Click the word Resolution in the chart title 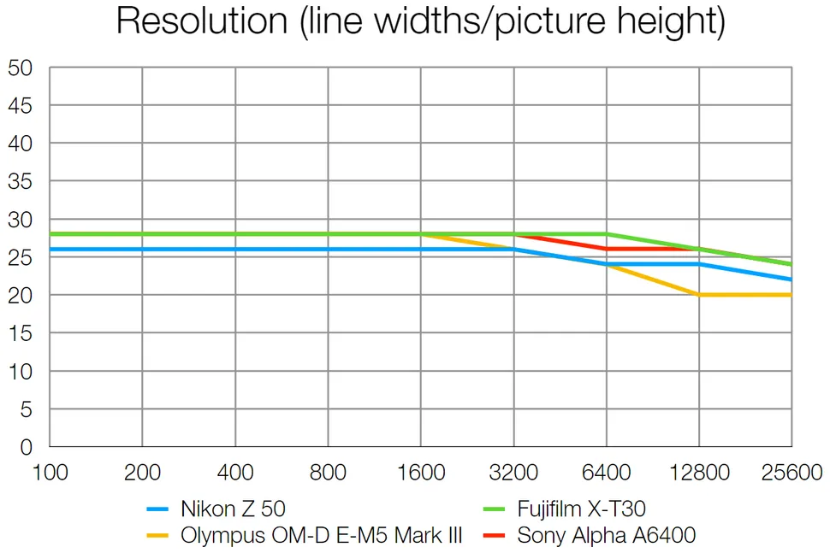click(201, 21)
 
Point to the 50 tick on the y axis click(21, 68)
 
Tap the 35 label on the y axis click(21, 181)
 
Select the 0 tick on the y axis click(26, 447)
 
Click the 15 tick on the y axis click(21, 333)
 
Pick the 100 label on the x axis click(49, 472)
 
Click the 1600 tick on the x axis click(420, 472)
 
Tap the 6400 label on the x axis click(606, 472)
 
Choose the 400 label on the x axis click(235, 472)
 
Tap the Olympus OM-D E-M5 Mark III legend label click(321, 536)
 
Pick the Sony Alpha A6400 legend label click(606, 536)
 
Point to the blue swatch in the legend click(159, 510)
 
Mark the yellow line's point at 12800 click(699, 295)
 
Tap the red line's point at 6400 click(606, 249)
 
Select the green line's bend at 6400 click(606, 233)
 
